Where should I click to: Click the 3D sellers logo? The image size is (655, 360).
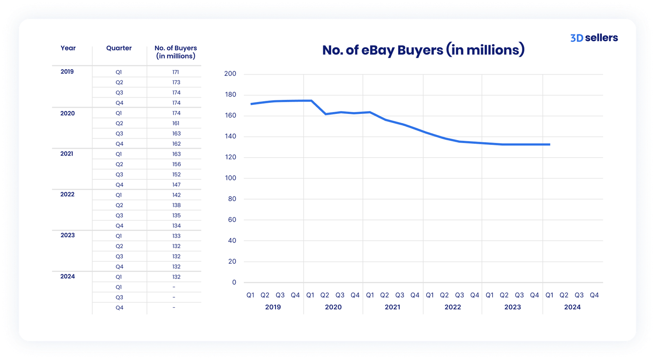pos(594,38)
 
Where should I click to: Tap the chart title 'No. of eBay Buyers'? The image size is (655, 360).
pos(423,50)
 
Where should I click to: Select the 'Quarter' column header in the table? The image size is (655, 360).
pos(119,48)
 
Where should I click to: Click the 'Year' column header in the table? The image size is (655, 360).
pos(68,48)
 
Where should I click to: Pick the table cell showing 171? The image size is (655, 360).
pos(176,72)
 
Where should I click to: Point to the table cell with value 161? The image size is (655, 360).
pos(176,123)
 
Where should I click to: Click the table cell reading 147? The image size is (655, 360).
pos(176,185)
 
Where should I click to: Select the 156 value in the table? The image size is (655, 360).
pos(176,164)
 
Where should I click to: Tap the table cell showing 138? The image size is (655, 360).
pos(176,205)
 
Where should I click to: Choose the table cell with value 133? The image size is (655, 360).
pos(176,236)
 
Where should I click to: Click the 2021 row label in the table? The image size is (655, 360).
pos(67,154)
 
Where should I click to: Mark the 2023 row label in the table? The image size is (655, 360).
pos(68,235)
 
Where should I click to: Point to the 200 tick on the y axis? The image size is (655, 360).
pos(230,74)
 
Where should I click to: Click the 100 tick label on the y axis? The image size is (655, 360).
pos(230,178)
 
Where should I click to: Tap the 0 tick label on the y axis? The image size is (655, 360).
pos(234,282)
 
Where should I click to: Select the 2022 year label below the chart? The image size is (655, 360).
pos(452,307)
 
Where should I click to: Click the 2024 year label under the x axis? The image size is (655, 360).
pos(572,307)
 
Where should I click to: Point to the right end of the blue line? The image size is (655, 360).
pos(549,144)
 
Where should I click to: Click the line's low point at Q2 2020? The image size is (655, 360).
pos(325,114)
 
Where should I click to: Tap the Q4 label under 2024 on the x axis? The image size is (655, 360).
pos(594,295)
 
